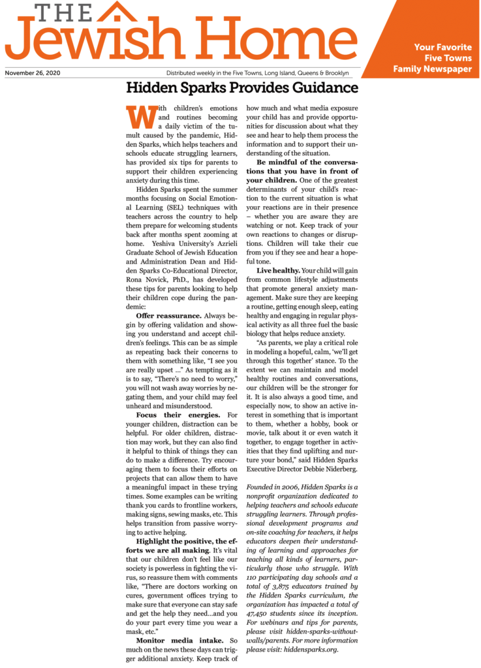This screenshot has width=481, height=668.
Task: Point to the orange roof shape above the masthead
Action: click(116, 10)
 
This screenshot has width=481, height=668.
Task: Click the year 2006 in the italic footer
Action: click(296, 487)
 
